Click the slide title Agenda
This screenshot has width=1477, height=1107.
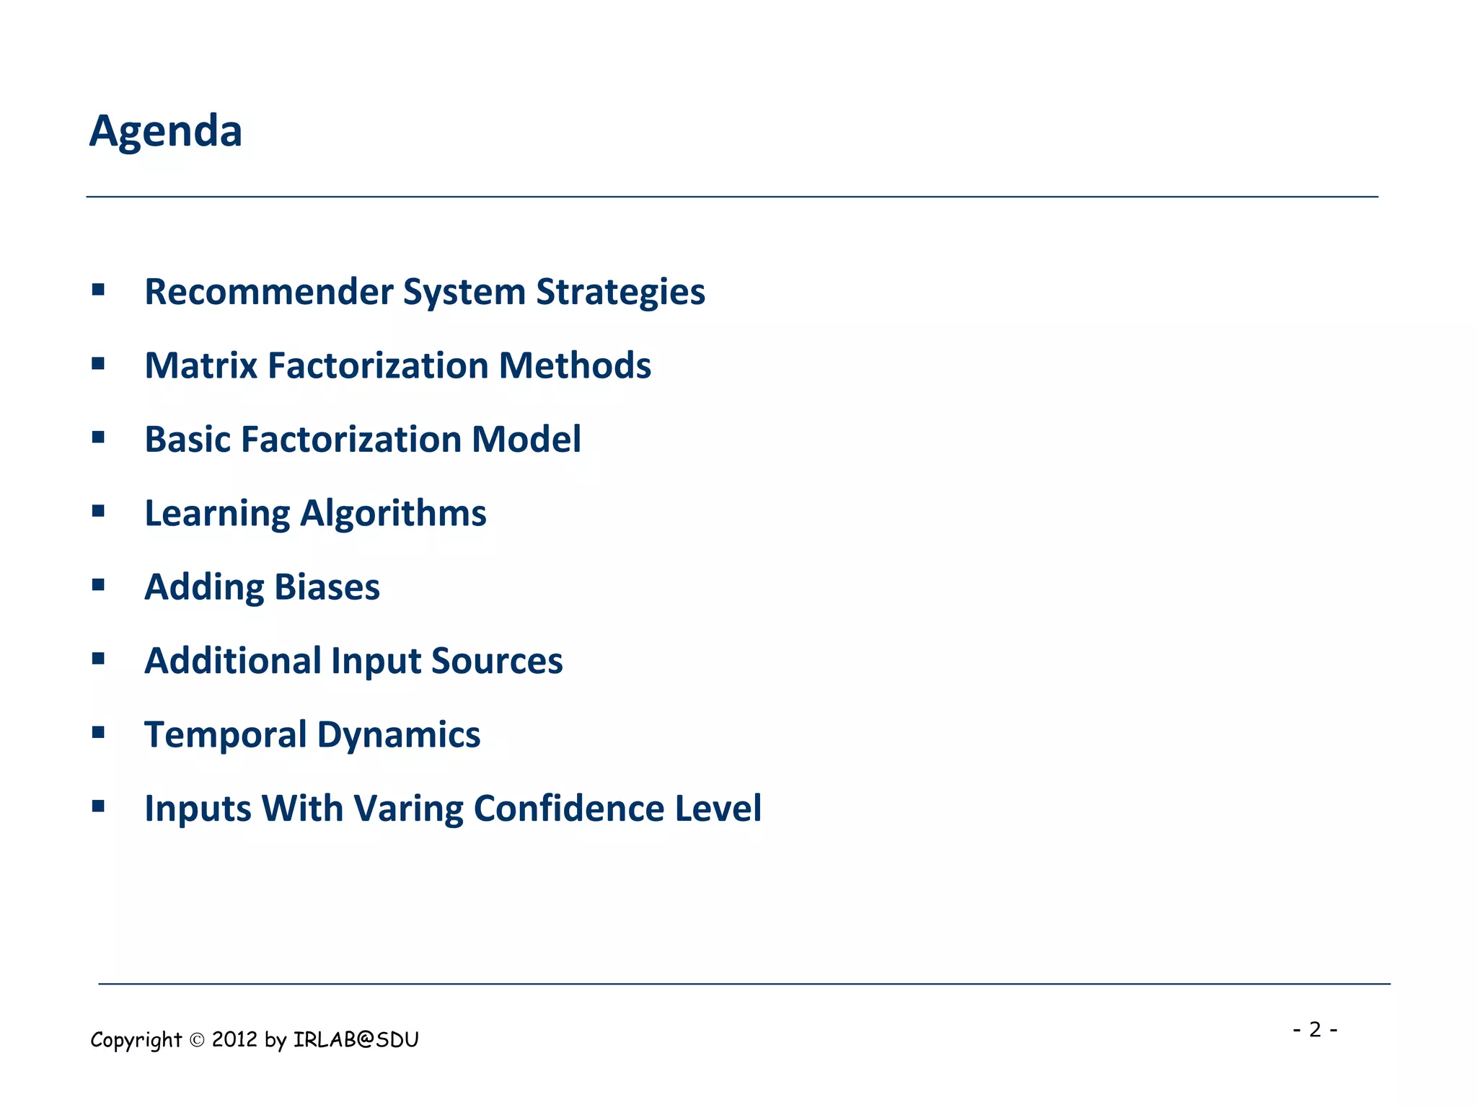(x=166, y=132)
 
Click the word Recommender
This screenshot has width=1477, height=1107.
(x=268, y=292)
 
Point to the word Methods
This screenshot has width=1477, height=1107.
(x=575, y=365)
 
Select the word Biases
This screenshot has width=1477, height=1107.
(x=327, y=587)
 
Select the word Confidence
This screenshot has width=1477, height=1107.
(x=568, y=809)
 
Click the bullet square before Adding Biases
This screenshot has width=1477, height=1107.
(x=99, y=584)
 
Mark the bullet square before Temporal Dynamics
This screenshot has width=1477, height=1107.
(x=99, y=732)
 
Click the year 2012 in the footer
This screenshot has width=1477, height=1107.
(x=234, y=1039)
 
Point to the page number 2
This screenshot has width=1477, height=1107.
(x=1315, y=1029)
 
